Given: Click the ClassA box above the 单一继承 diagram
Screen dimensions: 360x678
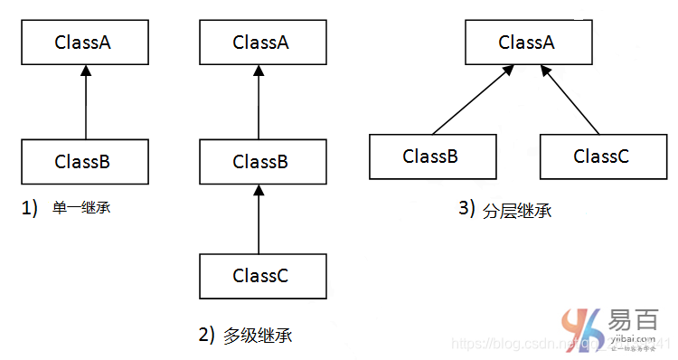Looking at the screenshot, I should (82, 42).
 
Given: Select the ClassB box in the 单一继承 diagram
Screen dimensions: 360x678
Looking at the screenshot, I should (82, 163).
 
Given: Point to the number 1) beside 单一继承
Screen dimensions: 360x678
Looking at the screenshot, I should (30, 208).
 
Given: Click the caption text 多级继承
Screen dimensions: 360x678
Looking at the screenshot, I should (258, 336).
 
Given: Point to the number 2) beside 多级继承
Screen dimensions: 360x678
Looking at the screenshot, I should (206, 335).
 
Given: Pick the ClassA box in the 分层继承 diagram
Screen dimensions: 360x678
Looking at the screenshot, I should (526, 42).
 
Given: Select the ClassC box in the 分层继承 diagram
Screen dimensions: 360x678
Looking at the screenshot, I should (601, 156).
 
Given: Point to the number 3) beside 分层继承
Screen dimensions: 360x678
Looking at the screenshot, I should (466, 209).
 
